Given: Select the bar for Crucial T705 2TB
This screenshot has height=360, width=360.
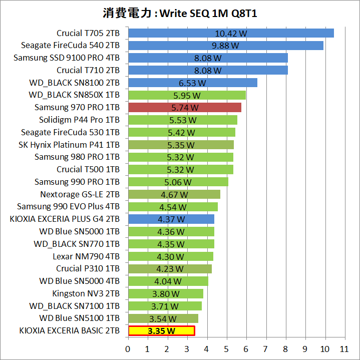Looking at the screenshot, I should coord(231,34).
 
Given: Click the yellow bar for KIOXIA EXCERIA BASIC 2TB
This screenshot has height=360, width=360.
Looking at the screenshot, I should coord(161,331).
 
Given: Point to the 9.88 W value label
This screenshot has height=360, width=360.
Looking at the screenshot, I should coord(226,46).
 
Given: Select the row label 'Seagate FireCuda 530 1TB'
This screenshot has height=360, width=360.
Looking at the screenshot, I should coord(70,132).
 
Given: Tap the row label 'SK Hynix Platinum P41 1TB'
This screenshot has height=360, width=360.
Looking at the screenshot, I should coord(69,145).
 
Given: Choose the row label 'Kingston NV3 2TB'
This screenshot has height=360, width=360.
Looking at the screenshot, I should coord(86,293).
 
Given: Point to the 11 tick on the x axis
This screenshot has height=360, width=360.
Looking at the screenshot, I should coord(343,348).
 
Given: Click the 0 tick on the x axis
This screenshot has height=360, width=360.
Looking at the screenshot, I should coord(128,348).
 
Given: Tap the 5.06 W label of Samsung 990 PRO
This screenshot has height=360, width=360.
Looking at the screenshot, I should coord(178,182).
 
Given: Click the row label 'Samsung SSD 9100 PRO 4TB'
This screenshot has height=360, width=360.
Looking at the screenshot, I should coord(67,58).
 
